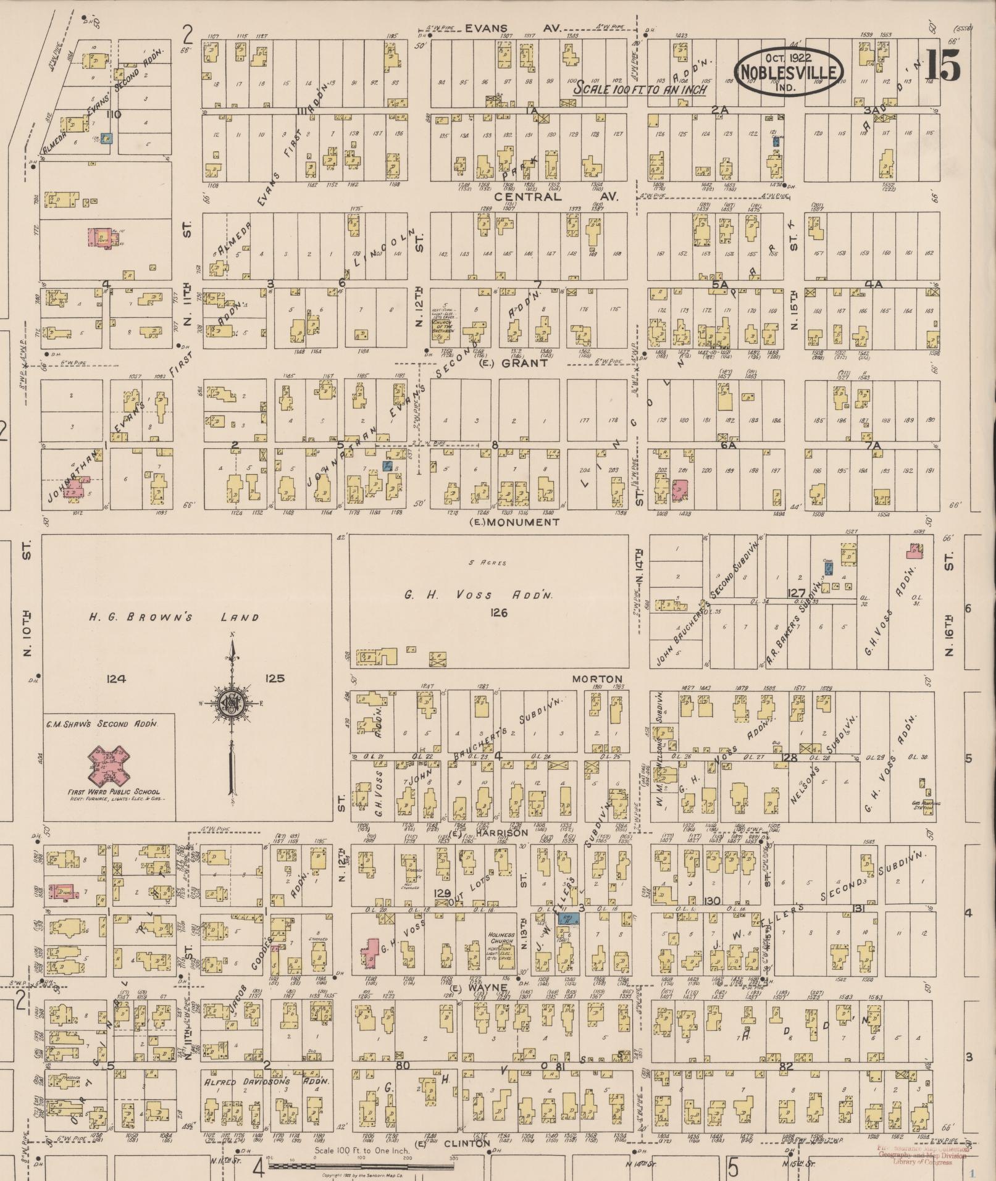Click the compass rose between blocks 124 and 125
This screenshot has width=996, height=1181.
click(x=232, y=703)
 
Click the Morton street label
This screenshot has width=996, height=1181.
click(x=597, y=678)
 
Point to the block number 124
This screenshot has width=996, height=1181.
click(x=115, y=678)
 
